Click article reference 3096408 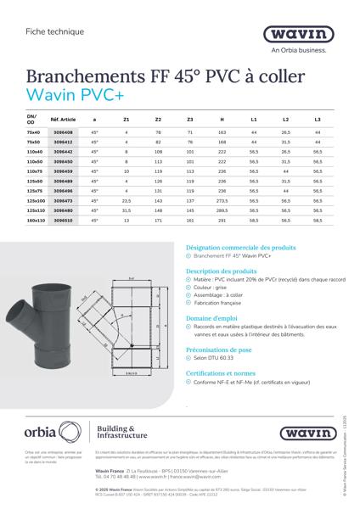click(64, 133)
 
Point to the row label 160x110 click(35, 219)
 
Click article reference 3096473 click(64, 200)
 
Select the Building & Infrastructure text click(120, 433)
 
